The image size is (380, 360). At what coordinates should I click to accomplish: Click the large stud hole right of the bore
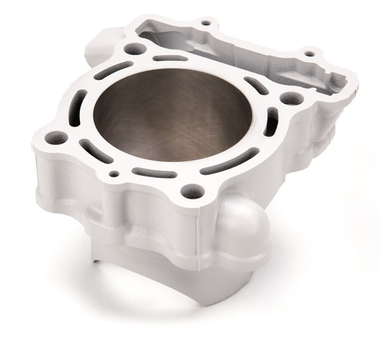click(286, 99)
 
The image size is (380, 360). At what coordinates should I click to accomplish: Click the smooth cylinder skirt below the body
click(157, 275)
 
